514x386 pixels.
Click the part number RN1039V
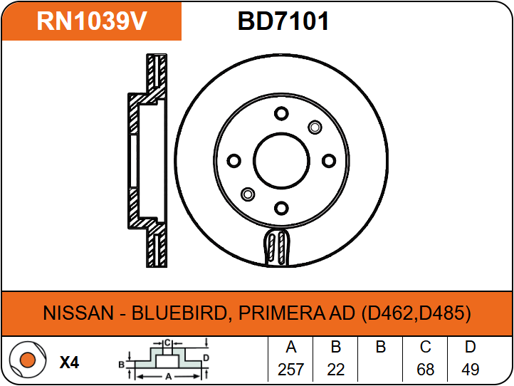91,21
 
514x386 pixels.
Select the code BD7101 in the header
283,21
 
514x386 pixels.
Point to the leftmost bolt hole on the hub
234,161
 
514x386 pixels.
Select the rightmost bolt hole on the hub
328,161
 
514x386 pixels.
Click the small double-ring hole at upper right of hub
315,127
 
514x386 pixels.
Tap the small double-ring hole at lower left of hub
248,194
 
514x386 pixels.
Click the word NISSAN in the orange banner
76,313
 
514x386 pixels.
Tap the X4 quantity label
69,362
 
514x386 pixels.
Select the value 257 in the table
290,370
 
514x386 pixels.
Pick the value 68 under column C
425,370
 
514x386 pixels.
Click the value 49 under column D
470,370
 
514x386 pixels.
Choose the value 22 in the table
336,370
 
